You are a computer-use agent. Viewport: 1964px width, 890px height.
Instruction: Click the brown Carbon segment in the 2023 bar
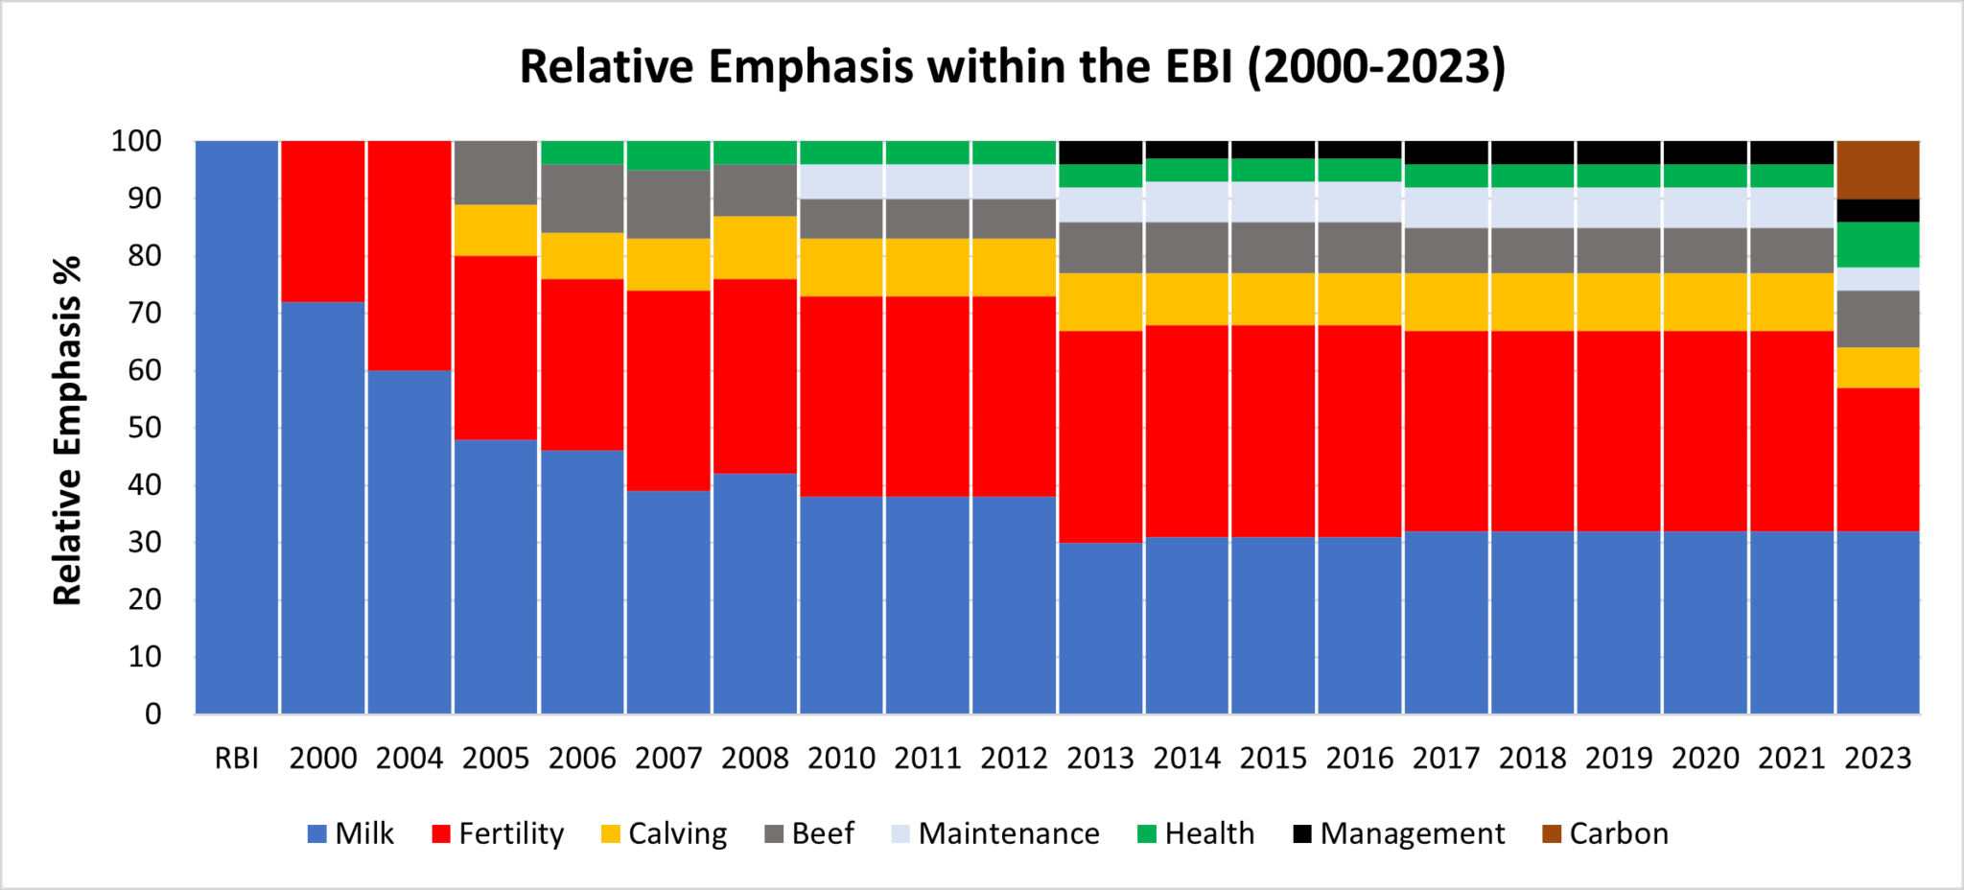point(1878,170)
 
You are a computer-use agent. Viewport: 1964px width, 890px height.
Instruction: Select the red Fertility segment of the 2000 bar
point(323,221)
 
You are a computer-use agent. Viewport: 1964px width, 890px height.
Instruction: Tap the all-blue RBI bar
point(237,427)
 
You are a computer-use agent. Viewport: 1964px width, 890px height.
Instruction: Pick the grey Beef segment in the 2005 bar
point(496,173)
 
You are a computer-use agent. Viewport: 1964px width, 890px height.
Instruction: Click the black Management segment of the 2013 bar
point(1101,152)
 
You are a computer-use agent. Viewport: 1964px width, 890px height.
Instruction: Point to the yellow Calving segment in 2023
point(1878,367)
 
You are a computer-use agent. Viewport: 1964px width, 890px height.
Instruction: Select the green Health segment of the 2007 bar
point(668,155)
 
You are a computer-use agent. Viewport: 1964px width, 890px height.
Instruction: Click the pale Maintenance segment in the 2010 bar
point(841,181)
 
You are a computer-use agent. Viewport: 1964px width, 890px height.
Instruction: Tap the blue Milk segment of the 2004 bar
point(409,542)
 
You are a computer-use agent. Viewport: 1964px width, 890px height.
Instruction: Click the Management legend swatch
point(1302,833)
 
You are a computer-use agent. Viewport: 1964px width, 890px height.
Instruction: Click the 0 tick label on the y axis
point(152,714)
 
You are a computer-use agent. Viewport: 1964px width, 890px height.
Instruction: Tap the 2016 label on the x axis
point(1360,759)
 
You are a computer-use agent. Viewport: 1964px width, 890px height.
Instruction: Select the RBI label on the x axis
point(237,759)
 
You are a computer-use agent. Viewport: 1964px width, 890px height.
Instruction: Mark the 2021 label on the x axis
point(1791,759)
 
